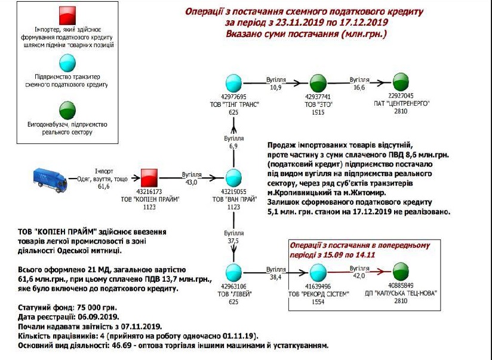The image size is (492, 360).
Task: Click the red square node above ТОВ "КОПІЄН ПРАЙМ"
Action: tap(149, 177)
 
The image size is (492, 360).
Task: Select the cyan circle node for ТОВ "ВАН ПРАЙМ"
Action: tap(233, 178)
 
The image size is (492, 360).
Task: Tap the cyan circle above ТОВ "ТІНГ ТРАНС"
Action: tap(233, 84)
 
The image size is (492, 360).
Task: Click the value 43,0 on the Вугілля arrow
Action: tap(191, 180)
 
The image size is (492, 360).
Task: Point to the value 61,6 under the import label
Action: tap(104, 186)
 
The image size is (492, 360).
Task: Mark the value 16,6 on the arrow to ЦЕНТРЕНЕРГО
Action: tap(359, 87)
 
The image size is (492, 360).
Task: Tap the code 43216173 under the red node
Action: tap(149, 192)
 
